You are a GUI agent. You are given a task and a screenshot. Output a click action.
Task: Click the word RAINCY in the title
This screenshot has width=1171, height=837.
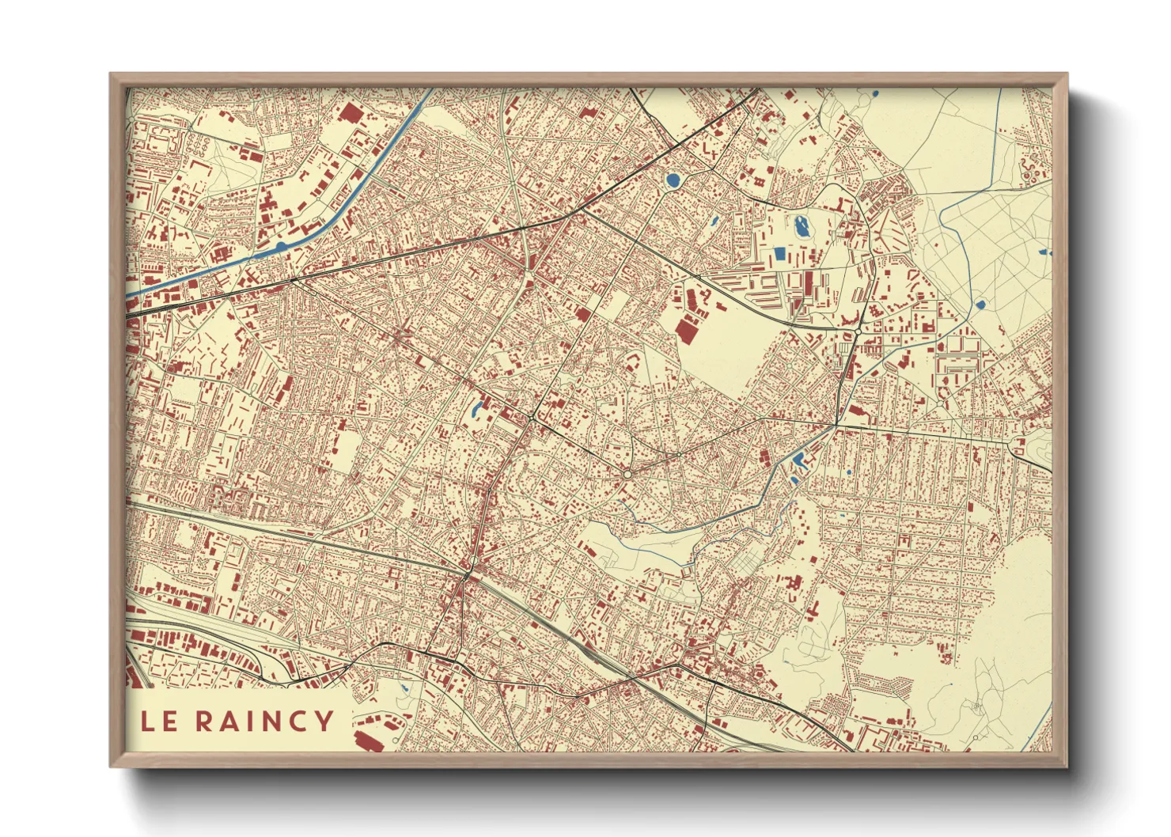(x=265, y=721)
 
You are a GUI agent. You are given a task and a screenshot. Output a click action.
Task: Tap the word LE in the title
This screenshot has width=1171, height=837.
(x=159, y=721)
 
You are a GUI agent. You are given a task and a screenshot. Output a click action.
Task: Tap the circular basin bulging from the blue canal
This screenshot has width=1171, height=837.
(x=281, y=246)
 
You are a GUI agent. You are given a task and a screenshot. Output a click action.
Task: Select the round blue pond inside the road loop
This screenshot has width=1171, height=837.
(x=673, y=180)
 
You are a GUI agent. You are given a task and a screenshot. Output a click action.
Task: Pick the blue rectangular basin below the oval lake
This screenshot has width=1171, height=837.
(x=780, y=254)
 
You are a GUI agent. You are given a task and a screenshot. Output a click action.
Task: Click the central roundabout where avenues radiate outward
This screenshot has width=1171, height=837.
(x=627, y=474)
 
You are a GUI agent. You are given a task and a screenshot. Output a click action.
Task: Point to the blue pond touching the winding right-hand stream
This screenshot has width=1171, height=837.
(x=980, y=304)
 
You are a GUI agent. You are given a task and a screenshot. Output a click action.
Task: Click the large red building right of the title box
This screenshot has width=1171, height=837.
(x=369, y=740)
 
